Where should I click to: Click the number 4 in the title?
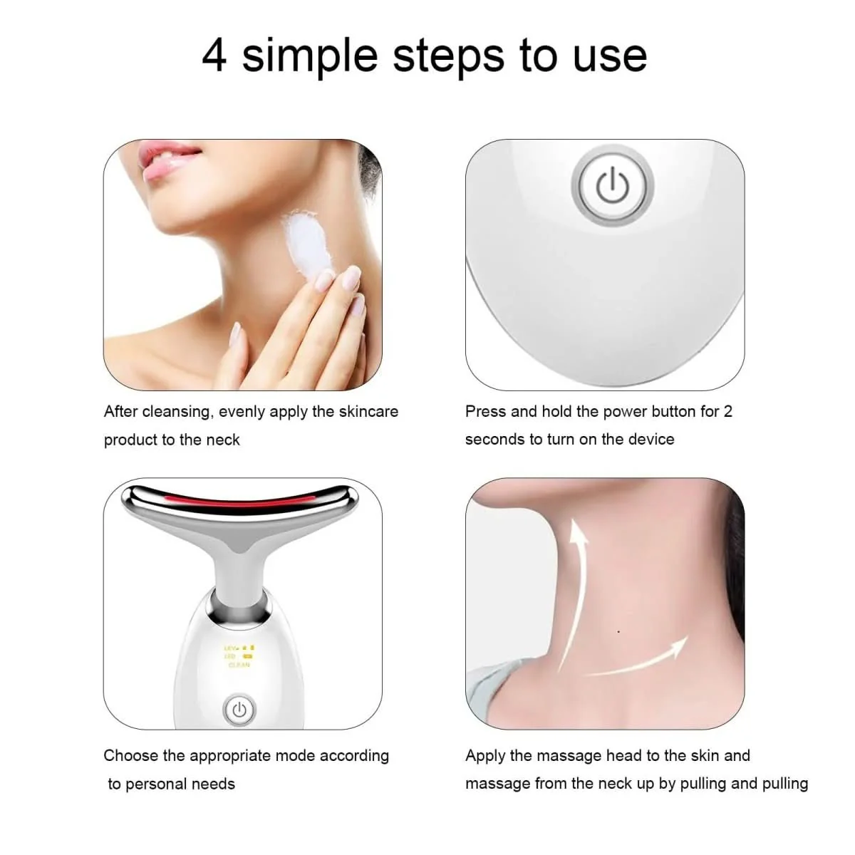pyautogui.click(x=214, y=56)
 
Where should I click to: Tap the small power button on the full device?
pyautogui.click(x=239, y=710)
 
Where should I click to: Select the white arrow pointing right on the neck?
pyautogui.click(x=641, y=660)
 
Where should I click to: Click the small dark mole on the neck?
pyautogui.click(x=618, y=631)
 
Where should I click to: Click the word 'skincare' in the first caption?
pyautogui.click(x=368, y=412)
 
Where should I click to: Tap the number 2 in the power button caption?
pyautogui.click(x=727, y=411)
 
